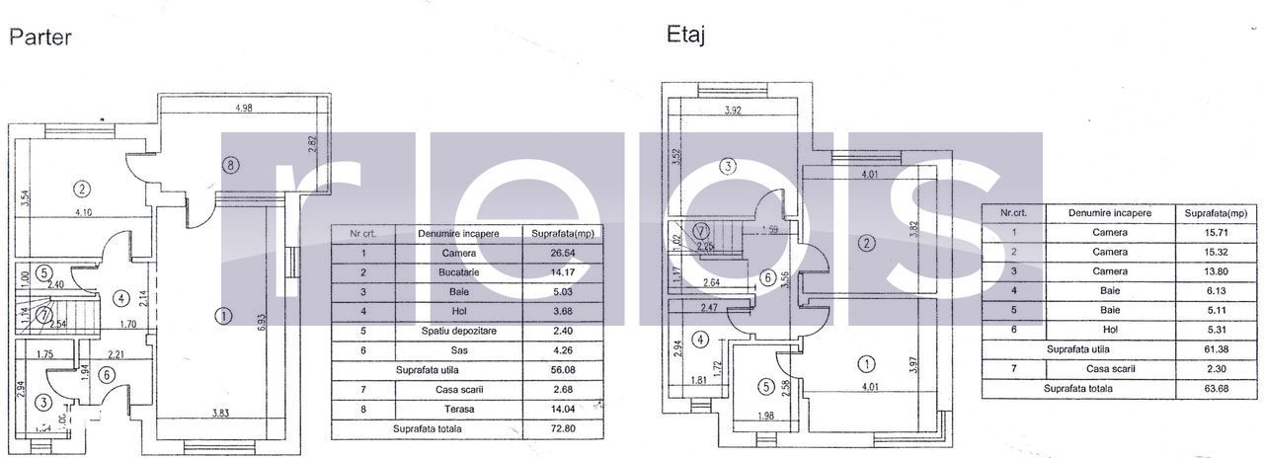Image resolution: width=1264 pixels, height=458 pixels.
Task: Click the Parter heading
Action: pyautogui.click(x=39, y=37)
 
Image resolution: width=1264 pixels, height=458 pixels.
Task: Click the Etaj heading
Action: pyautogui.click(x=685, y=36)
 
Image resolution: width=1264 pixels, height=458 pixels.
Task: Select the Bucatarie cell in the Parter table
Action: pyautogui.click(x=457, y=272)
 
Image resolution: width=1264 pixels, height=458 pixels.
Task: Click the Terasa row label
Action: pyautogui.click(x=457, y=410)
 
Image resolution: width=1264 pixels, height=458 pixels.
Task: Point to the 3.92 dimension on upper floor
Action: pyautogui.click(x=733, y=111)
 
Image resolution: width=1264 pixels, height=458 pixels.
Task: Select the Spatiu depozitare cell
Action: pyautogui.click(x=457, y=332)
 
